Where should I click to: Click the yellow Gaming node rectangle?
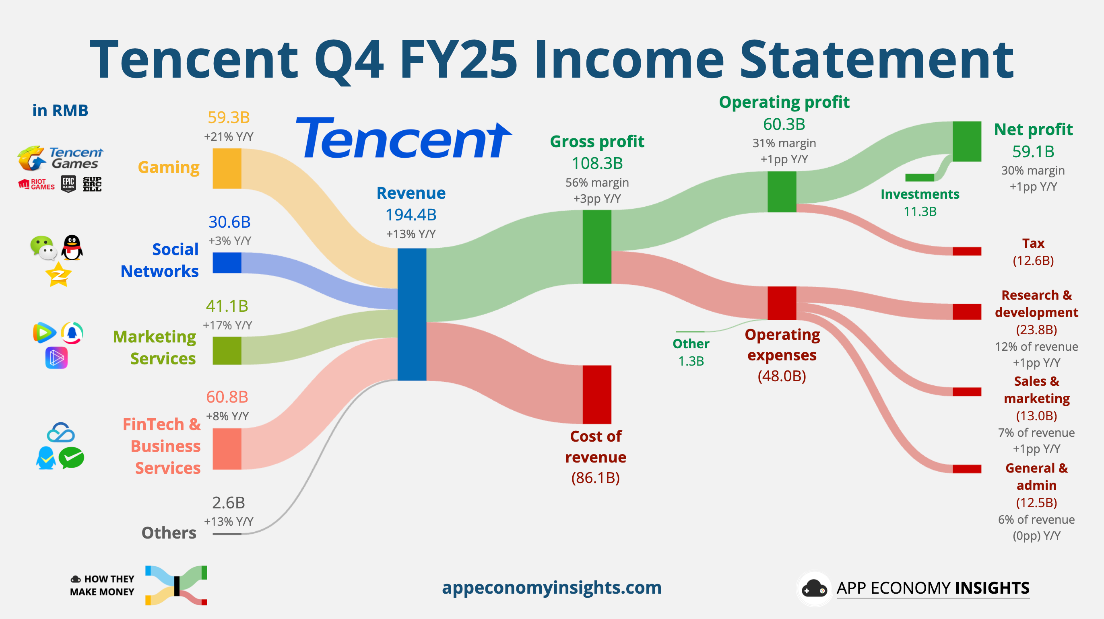[x=227, y=169]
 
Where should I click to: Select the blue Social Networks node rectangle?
[x=227, y=263]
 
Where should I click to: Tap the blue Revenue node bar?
[x=411, y=314]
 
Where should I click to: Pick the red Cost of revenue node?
[x=596, y=394]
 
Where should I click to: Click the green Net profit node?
[x=966, y=141]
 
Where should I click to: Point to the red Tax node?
[x=966, y=251]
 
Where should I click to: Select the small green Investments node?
[x=919, y=177]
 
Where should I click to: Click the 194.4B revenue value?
[x=411, y=215]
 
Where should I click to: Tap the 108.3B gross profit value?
[x=597, y=163]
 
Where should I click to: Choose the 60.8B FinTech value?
[x=227, y=397]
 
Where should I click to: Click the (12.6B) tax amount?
[x=1033, y=261]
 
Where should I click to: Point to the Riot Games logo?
[x=37, y=184]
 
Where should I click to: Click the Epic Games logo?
[x=68, y=184]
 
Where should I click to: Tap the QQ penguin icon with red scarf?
[x=72, y=248]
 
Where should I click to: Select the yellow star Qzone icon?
[x=58, y=275]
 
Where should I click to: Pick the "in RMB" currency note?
[x=60, y=111]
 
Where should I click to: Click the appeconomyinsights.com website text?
[x=551, y=587]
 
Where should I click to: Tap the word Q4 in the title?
[x=349, y=60]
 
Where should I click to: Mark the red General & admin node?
[x=966, y=469]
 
